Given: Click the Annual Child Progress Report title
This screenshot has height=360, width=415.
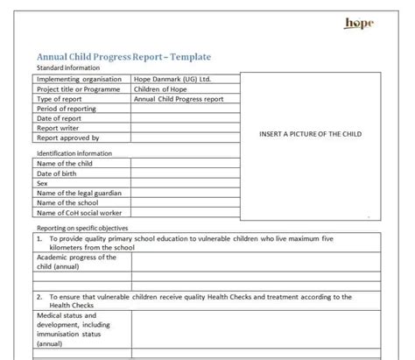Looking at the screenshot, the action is click(x=123, y=57).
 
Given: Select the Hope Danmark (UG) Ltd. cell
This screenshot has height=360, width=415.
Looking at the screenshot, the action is click(x=172, y=79).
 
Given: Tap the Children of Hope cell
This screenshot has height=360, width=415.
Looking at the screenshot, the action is click(x=161, y=88).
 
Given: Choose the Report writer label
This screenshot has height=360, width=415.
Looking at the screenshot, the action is click(x=60, y=128).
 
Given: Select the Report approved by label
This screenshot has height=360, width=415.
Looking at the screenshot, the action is click(x=67, y=138).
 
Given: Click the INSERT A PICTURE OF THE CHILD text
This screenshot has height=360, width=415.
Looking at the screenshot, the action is click(x=310, y=134).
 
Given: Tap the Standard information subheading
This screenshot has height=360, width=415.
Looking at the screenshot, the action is click(x=68, y=67).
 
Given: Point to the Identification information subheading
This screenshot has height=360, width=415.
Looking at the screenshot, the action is click(x=74, y=153).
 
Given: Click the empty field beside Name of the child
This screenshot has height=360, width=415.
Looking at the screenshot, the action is click(x=183, y=163).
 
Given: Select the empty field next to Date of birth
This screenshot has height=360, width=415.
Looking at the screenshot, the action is click(x=183, y=173).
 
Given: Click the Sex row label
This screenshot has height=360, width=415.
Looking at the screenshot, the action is click(x=42, y=183).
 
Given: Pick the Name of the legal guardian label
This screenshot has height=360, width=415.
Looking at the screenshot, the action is click(x=79, y=193).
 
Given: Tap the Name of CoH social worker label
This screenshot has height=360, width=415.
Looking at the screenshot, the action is click(x=78, y=212).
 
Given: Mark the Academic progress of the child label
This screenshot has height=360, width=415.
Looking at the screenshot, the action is click(x=76, y=262).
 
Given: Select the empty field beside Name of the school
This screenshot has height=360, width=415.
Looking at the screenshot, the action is click(x=183, y=202).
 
